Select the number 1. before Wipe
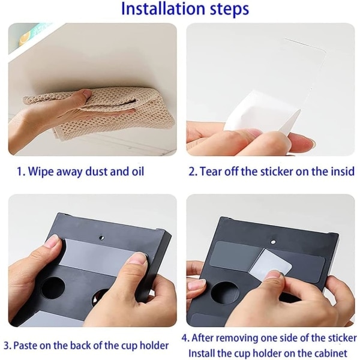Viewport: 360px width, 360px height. click(x=21, y=172)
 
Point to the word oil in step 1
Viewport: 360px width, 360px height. click(x=138, y=171)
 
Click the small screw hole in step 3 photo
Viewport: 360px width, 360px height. click(x=101, y=238)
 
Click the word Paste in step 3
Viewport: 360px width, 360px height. click(x=25, y=346)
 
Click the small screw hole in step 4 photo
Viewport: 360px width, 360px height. click(x=273, y=242)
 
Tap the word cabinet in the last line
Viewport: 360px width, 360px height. click(x=328, y=353)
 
